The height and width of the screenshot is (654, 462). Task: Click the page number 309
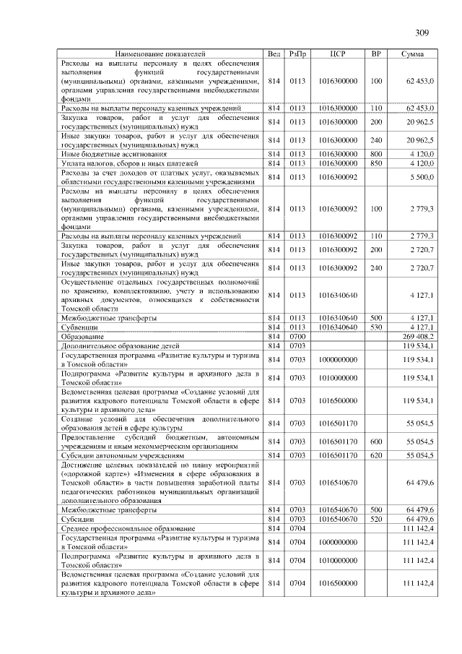[422, 33]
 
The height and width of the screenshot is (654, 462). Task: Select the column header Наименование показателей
[160, 54]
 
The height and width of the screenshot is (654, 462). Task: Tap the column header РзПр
[297, 54]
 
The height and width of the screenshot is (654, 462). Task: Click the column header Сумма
[412, 54]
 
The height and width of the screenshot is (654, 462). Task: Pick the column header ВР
[375, 54]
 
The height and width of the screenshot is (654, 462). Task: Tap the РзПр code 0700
[297, 337]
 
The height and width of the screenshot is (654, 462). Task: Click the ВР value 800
[375, 154]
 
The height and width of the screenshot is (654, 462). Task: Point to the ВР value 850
[375, 163]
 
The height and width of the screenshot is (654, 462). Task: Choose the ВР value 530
[375, 327]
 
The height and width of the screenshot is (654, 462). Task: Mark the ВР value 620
[375, 455]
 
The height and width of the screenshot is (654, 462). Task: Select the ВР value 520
[375, 519]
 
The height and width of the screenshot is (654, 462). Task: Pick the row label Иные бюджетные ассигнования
[114, 154]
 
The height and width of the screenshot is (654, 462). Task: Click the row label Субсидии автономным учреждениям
[121, 455]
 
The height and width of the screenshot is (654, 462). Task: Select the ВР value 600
[375, 441]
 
